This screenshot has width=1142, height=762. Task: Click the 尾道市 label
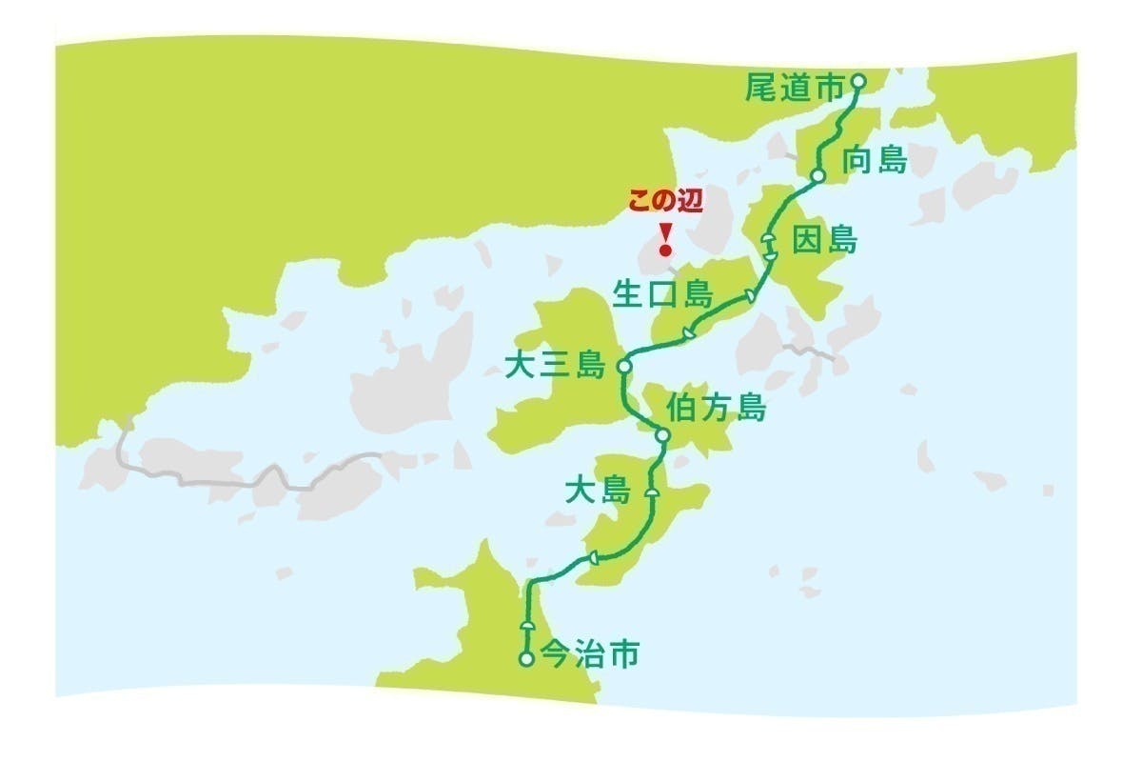pyautogui.click(x=795, y=90)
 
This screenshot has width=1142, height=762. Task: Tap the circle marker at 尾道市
pyautogui.click(x=857, y=82)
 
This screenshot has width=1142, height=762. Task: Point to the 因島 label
pyautogui.click(x=824, y=240)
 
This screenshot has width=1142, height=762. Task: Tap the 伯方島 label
pyautogui.click(x=717, y=409)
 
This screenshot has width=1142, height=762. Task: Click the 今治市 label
pyautogui.click(x=589, y=655)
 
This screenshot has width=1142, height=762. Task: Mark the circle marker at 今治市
pyautogui.click(x=525, y=658)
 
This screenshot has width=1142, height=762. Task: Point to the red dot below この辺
pyautogui.click(x=665, y=251)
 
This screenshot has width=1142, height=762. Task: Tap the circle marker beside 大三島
pyautogui.click(x=624, y=366)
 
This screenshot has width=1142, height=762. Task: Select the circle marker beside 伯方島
pyautogui.click(x=663, y=436)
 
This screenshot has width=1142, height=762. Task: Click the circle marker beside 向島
pyautogui.click(x=817, y=176)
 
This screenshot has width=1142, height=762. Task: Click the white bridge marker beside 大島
pyautogui.click(x=652, y=492)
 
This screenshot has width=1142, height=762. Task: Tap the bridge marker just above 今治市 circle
pyautogui.click(x=526, y=626)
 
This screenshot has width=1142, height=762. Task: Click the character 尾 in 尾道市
pyautogui.click(x=762, y=90)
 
